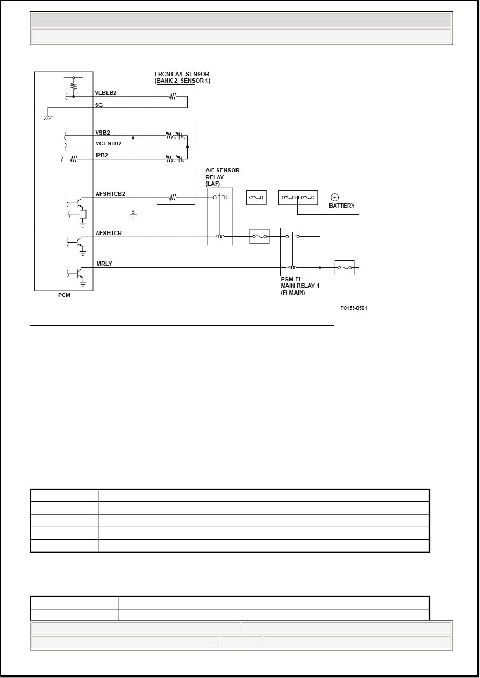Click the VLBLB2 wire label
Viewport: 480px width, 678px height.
[105, 93]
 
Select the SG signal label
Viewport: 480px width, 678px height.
[99, 105]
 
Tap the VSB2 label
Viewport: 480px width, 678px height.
[103, 133]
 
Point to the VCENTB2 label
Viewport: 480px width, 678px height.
[109, 143]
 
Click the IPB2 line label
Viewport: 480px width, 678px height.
[102, 155]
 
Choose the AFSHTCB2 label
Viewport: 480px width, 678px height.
[110, 194]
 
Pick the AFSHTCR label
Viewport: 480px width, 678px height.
[109, 233]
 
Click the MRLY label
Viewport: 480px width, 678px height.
[104, 264]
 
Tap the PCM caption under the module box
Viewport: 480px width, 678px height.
[65, 295]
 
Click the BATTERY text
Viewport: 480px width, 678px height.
[341, 206]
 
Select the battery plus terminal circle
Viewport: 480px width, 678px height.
[334, 198]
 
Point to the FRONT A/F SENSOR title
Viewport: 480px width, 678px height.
[182, 77]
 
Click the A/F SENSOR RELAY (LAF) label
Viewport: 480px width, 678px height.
[223, 177]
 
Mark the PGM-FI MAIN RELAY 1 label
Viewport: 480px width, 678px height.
[300, 286]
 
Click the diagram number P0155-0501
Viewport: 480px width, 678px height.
[354, 308]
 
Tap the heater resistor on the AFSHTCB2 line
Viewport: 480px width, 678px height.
[173, 198]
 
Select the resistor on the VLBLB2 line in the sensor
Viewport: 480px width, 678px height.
[173, 96]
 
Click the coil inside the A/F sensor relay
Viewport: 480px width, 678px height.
[220, 236]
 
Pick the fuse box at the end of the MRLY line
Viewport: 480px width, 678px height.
[345, 267]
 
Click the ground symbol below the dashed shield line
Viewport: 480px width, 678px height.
[133, 215]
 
